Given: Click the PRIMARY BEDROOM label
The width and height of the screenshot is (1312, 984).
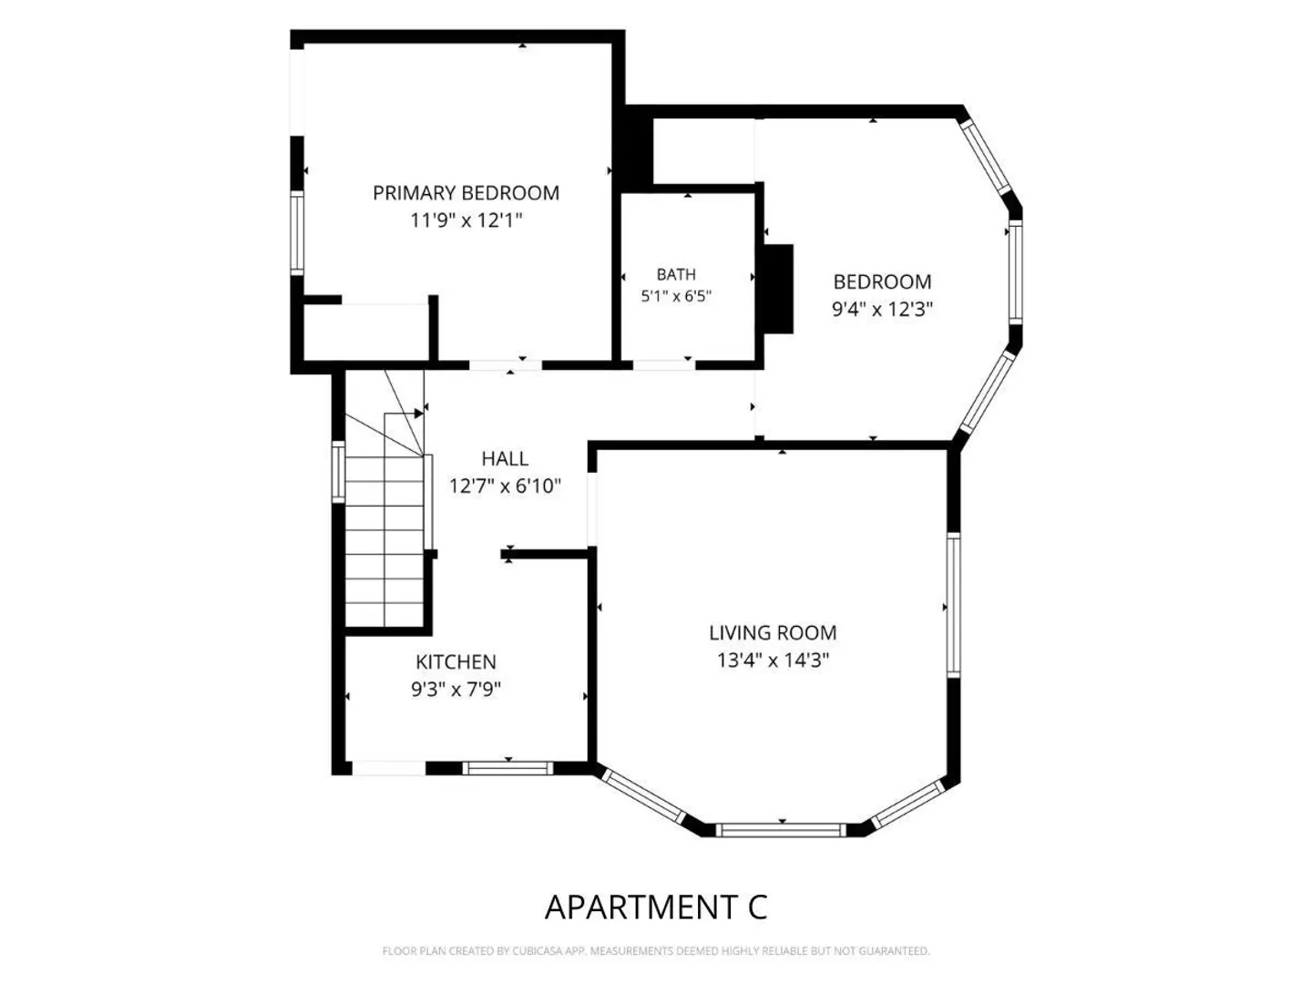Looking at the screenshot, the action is (x=466, y=193).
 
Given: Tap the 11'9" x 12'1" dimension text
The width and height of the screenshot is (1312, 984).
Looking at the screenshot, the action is (x=466, y=220).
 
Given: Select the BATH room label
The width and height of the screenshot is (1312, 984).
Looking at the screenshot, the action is (x=676, y=274).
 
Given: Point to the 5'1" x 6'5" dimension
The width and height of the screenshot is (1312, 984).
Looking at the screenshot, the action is (x=676, y=296).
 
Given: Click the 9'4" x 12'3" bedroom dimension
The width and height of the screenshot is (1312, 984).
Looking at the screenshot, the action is (x=882, y=310).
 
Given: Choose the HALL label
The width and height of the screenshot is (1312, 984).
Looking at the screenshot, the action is (x=505, y=459).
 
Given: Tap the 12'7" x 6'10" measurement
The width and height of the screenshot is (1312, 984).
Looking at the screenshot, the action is (x=505, y=487).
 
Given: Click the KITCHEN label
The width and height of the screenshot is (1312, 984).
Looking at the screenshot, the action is (x=456, y=662).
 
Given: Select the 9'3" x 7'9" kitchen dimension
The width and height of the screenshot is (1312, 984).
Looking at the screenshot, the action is (x=456, y=690).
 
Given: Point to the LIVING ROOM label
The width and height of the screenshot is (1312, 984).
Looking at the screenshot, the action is (x=773, y=632).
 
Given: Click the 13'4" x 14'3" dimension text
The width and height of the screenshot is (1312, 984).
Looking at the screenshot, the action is (x=773, y=661).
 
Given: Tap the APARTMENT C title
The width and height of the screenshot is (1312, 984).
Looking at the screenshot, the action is (x=656, y=907).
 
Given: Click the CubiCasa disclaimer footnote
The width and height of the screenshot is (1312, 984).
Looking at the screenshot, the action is (x=656, y=951).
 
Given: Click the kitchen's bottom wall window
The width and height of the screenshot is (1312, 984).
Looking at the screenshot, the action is (x=508, y=768).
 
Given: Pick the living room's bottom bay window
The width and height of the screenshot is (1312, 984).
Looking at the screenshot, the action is (x=781, y=830).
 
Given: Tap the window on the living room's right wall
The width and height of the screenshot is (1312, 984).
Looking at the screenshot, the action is (x=953, y=605).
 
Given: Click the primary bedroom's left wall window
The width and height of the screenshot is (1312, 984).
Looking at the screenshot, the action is (x=297, y=233).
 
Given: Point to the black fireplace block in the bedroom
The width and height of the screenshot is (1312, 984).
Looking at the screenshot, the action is (x=778, y=289).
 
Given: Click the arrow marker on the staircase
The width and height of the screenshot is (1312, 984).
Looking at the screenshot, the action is (x=419, y=414).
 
